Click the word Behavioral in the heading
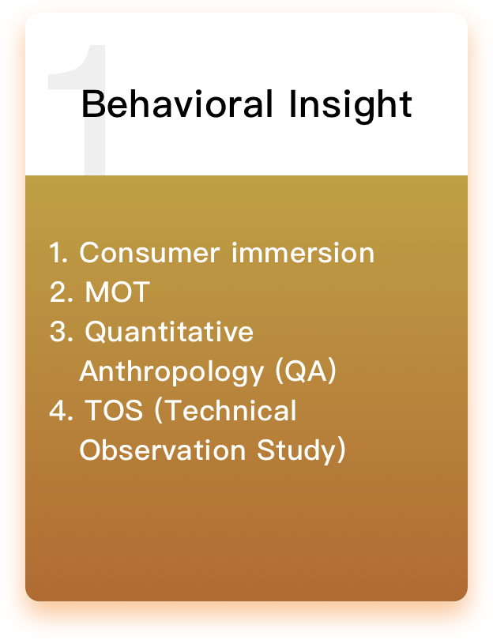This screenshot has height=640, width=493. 177,104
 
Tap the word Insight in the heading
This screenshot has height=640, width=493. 351,106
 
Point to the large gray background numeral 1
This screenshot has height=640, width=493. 77,109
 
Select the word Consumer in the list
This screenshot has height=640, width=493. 150,253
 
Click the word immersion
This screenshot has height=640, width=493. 303,253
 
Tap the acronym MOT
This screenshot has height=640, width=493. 117,292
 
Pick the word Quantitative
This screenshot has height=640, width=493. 169,332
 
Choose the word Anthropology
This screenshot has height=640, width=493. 171,372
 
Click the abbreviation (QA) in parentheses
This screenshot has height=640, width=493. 306,371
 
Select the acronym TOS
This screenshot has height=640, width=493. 114,410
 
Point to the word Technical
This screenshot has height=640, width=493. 226,410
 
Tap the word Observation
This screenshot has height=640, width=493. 163,450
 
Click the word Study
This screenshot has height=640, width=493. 297,451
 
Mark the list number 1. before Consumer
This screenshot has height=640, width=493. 58,253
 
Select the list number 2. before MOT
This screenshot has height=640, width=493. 61,292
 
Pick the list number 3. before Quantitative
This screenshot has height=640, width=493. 61,331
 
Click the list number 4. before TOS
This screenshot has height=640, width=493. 61,410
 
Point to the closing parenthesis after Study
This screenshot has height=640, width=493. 342,450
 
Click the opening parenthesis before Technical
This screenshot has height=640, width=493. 159,410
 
